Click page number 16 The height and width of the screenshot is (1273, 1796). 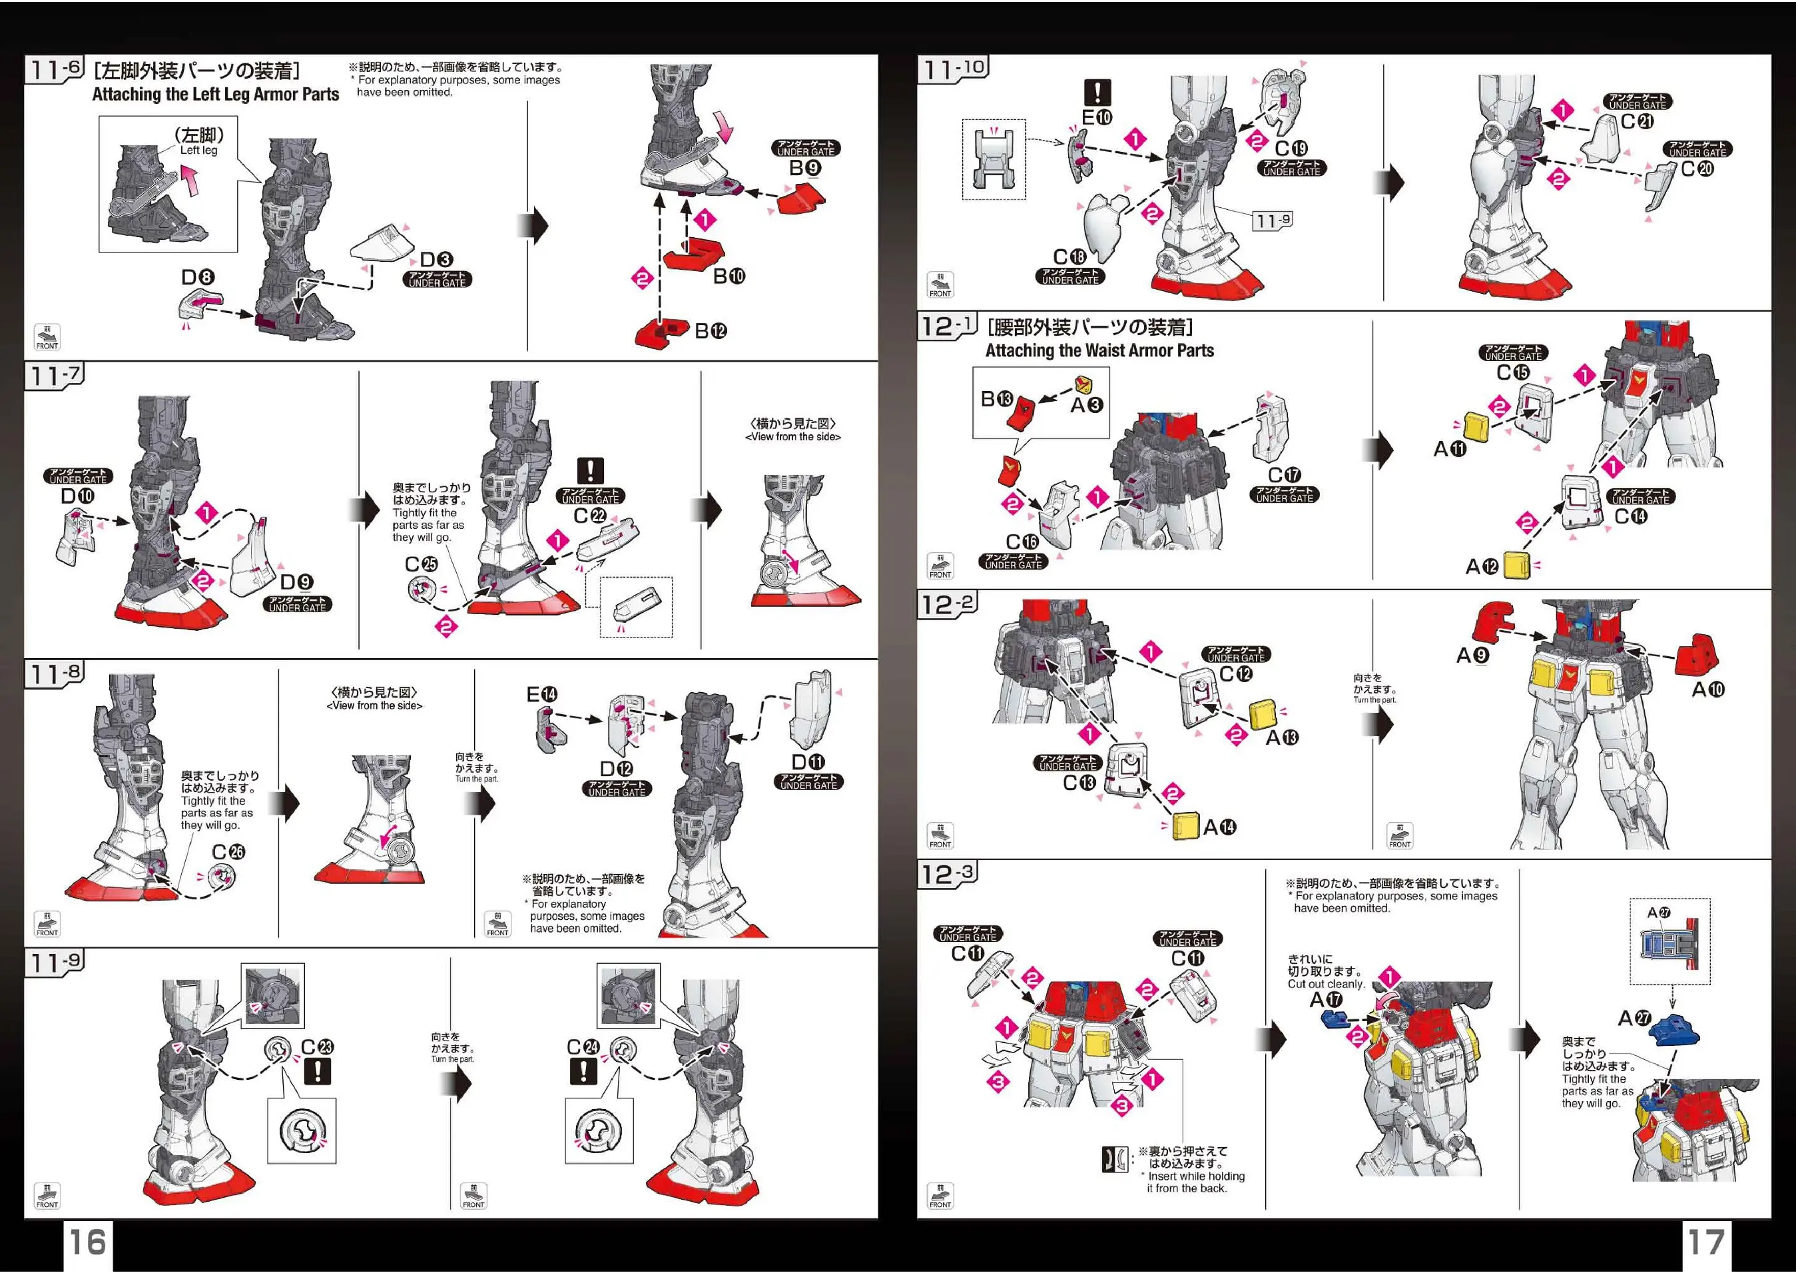pos(88,1242)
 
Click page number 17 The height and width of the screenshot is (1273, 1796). pos(1706,1242)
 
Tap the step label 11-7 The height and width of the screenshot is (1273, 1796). pos(54,376)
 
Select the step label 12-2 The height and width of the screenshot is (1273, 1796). pos(948,604)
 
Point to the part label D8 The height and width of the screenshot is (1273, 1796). pos(198,278)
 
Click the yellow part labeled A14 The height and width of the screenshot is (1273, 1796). pos(1185,826)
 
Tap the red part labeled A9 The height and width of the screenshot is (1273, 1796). pos(1494,621)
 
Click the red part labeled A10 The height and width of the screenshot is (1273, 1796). pos(1697,655)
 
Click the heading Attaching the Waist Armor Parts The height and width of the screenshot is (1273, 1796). pos(1099,350)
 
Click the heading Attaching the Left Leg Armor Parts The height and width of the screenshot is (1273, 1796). pos(216,94)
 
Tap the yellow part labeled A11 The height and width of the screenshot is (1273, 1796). pos(1476,428)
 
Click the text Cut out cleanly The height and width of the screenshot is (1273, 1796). pos(1326,984)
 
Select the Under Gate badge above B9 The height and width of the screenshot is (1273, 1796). pos(806,148)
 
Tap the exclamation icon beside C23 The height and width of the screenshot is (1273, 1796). pos(318,1072)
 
